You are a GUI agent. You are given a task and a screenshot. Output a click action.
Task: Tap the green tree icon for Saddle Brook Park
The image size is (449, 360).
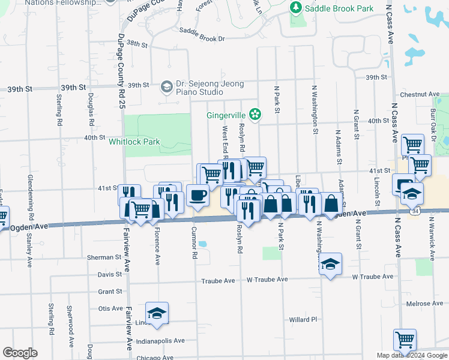pyautogui.click(x=295, y=8)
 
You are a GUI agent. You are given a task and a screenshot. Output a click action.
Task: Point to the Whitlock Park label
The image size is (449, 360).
pyautogui.click(x=134, y=142)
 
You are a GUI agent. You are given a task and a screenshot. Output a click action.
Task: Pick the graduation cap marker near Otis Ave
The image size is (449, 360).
pyautogui.click(x=157, y=313)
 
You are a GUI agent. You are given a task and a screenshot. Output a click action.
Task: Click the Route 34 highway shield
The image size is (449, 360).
pyautogui.click(x=415, y=212)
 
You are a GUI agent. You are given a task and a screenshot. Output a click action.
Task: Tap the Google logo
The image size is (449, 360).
pyautogui.click(x=20, y=353)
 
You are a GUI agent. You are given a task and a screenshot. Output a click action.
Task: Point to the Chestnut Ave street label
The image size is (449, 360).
pyautogui.click(x=420, y=95)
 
